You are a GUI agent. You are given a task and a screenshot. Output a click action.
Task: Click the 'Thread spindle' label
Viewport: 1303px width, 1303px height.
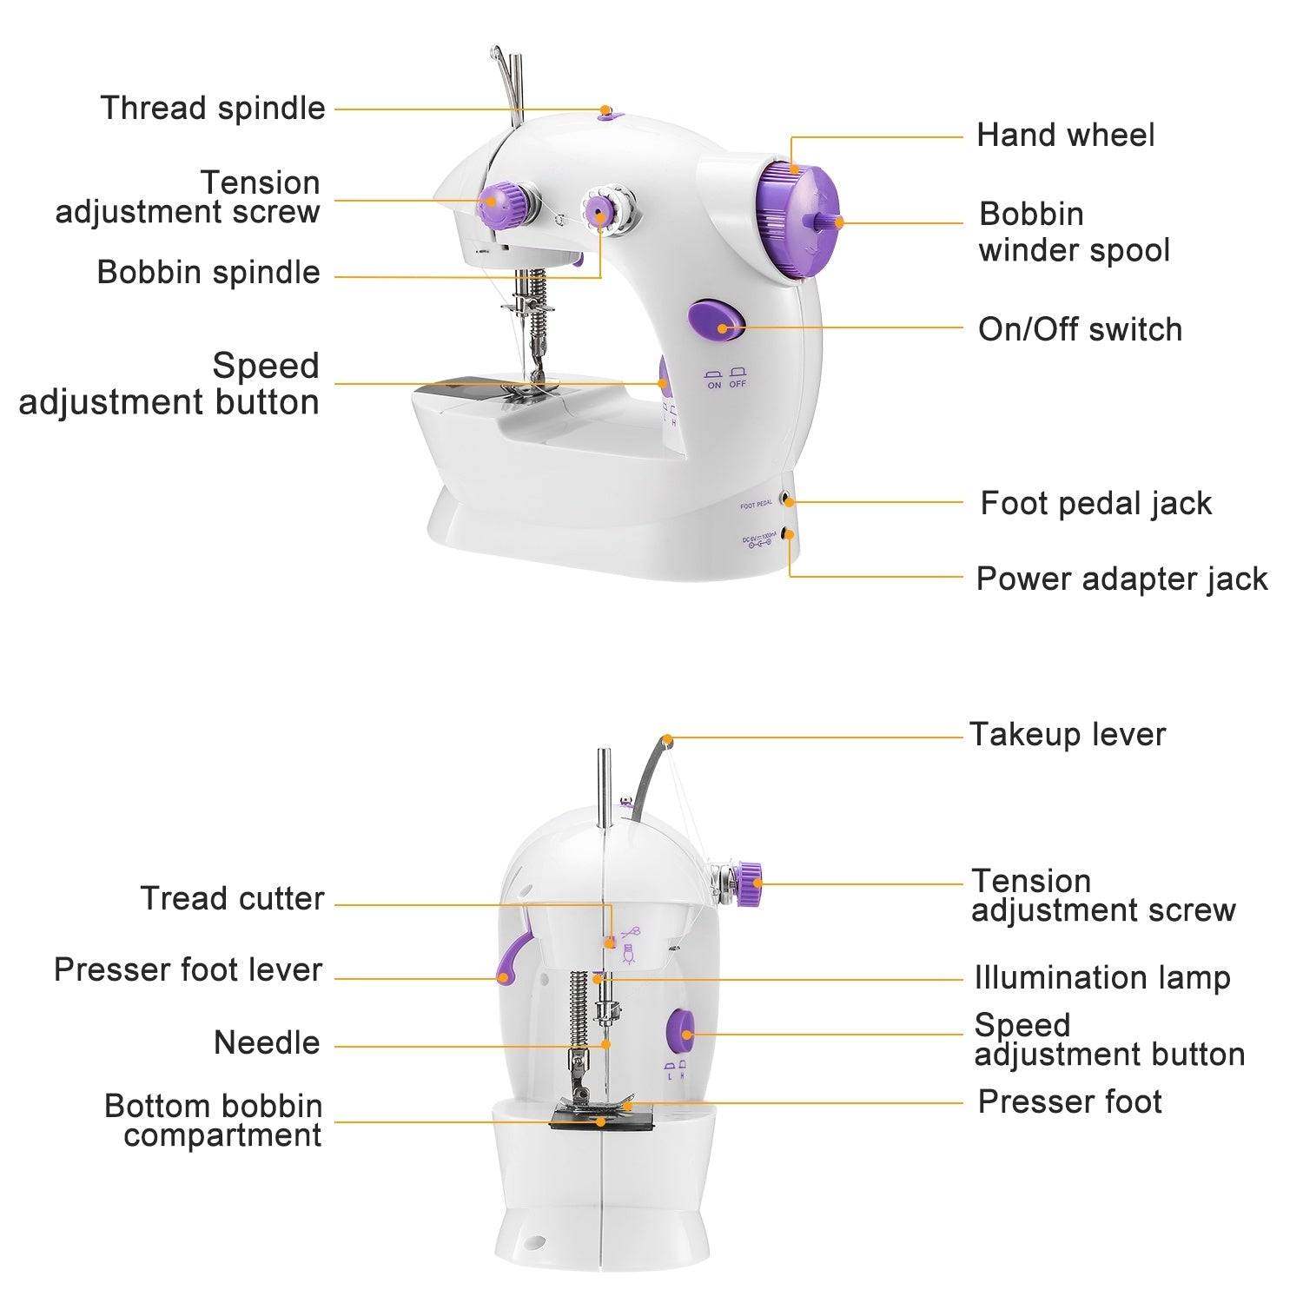tap(213, 109)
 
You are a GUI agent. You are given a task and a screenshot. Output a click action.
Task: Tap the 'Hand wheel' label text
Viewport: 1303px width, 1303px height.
tap(1065, 136)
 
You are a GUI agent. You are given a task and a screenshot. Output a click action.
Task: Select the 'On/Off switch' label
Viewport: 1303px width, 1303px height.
tap(1080, 330)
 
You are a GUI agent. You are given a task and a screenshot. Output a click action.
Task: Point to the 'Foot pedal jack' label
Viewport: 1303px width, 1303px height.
tap(1095, 504)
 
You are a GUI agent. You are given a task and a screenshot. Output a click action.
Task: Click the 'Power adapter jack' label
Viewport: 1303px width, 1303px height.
tap(1121, 579)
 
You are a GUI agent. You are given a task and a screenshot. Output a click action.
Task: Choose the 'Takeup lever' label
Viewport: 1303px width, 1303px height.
tap(1067, 735)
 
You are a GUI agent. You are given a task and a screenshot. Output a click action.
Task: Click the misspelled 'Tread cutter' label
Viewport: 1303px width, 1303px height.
tap(232, 898)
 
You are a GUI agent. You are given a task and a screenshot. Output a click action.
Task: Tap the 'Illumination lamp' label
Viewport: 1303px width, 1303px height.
tap(1101, 978)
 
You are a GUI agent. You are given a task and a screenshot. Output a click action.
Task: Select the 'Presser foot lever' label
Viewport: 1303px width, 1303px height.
tap(188, 970)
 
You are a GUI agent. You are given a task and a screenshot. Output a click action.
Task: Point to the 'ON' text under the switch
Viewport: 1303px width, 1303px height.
tap(714, 385)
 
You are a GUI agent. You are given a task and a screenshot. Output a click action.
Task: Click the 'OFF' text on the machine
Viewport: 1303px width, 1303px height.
tap(737, 385)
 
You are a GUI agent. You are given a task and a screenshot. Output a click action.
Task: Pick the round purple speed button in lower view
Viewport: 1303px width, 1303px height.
tap(680, 1032)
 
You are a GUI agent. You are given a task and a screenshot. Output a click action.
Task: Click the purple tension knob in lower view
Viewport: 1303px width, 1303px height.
tap(748, 883)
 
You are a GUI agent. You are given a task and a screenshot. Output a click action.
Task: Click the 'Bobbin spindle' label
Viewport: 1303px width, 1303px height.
tap(208, 273)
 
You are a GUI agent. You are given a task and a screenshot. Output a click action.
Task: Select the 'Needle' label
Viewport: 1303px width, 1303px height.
tap(267, 1043)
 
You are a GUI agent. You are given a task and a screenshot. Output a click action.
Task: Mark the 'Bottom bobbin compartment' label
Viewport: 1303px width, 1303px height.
tap(214, 1121)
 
